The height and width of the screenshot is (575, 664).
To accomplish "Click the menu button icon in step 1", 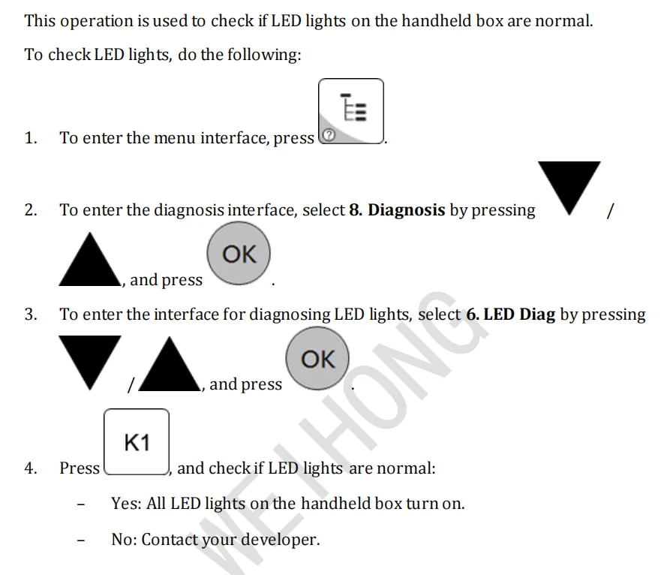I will coord(351,110).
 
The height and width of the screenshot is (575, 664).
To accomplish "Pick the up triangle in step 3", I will coord(170,366).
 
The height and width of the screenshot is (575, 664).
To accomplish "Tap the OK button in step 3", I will coord(317,360).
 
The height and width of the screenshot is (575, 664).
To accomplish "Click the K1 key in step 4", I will coord(137,443).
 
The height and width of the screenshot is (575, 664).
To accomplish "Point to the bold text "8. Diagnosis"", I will coord(397,210).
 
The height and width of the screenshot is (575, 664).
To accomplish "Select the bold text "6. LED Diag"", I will coord(510,315).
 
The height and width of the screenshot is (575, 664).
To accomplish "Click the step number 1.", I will coord(30,138).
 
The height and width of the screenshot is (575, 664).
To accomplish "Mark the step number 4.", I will coord(30,468).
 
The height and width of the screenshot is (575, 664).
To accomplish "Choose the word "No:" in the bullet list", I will coord(124,540).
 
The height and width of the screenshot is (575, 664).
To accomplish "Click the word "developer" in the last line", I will coord(278,540).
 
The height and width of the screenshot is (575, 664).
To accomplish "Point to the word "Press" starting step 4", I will coord(80,468).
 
